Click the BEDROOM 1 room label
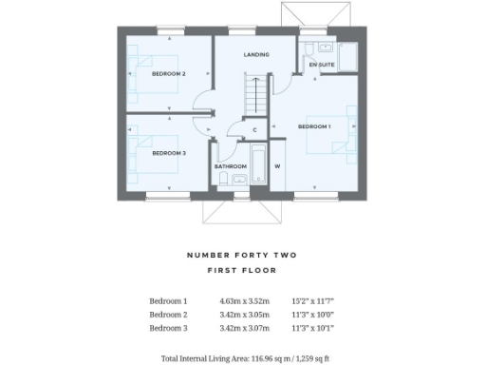(314, 126)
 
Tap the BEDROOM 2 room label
(171, 73)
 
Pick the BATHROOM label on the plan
(231, 166)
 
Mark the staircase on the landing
(254, 95)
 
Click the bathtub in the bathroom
(257, 162)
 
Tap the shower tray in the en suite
(347, 57)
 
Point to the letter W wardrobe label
(278, 166)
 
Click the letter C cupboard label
(255, 129)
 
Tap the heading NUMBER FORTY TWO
(242, 255)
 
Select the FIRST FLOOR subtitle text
(242, 271)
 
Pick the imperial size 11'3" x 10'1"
(312, 328)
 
